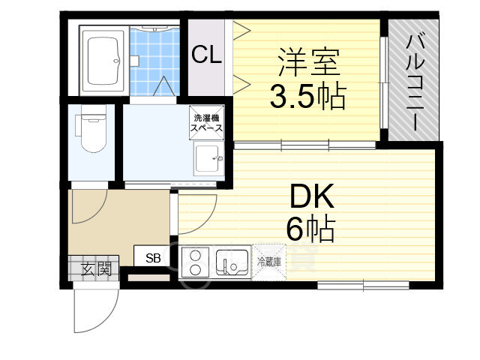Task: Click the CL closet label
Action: pyautogui.click(x=206, y=55)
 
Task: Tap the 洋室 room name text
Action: pyautogui.click(x=309, y=62)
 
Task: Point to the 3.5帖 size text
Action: pyautogui.click(x=308, y=97)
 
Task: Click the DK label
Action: pyautogui.click(x=312, y=196)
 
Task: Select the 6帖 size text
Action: pyautogui.click(x=310, y=228)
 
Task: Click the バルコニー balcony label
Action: pyautogui.click(x=415, y=82)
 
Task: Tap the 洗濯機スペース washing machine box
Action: pyautogui.click(x=207, y=123)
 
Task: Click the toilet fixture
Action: pyautogui.click(x=91, y=128)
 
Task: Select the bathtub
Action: pyautogui.click(x=103, y=61)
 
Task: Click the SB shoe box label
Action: pyautogui.click(x=153, y=258)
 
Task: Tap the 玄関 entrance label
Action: pyautogui.click(x=96, y=269)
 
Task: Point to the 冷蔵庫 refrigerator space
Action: pyautogui.click(x=268, y=262)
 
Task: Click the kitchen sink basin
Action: pyautogui.click(x=232, y=262)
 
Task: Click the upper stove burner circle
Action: pyautogui.click(x=195, y=255)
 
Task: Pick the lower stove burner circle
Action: pyautogui.click(x=195, y=270)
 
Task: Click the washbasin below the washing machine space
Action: pyautogui.click(x=208, y=158)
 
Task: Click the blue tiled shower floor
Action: pyautogui.click(x=154, y=61)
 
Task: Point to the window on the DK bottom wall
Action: pyautogui.click(x=363, y=285)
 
